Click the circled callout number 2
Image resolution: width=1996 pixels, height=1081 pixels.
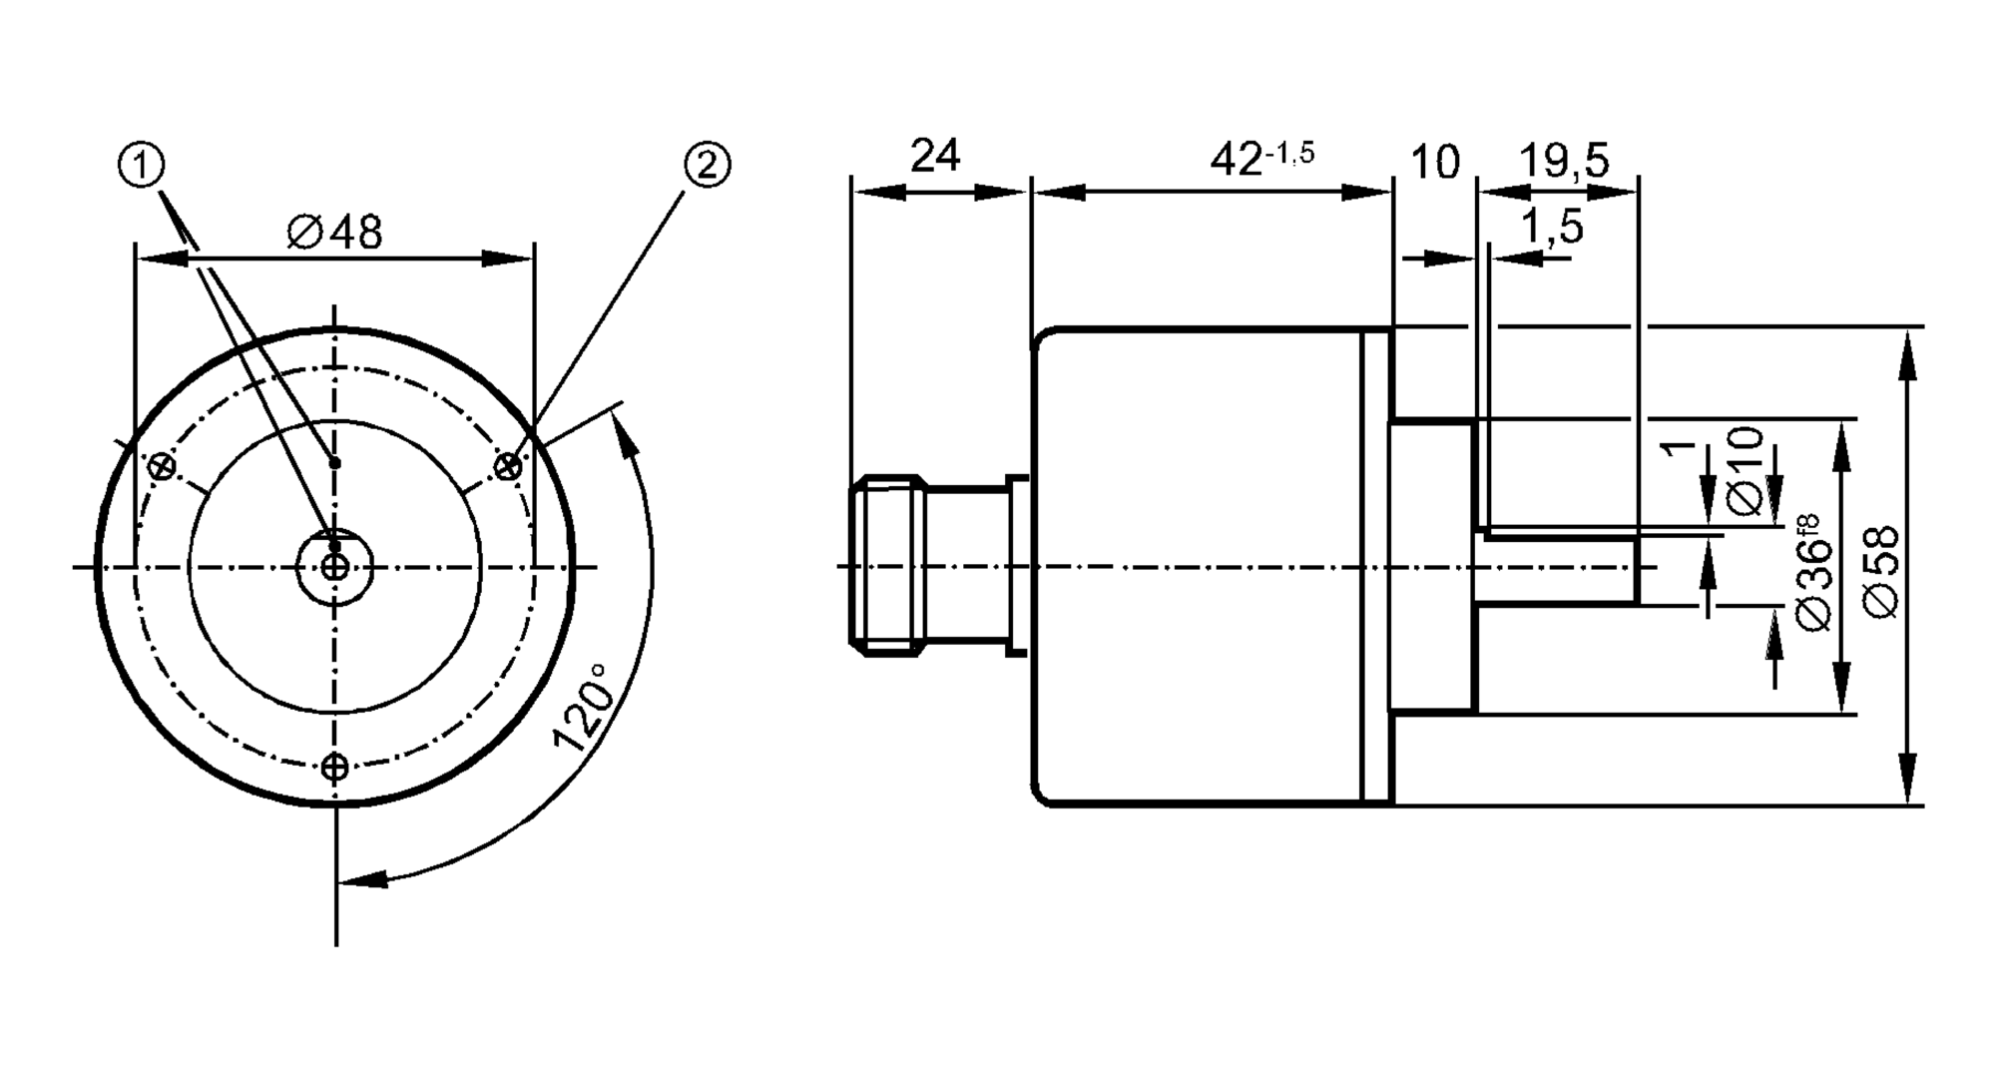pyautogui.click(x=707, y=165)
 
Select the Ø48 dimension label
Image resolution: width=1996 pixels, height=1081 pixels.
pyautogui.click(x=334, y=233)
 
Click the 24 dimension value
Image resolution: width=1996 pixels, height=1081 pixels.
pyautogui.click(x=935, y=155)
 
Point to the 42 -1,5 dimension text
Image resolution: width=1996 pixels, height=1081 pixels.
pyautogui.click(x=1261, y=158)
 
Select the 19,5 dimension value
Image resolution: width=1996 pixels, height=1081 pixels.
pyautogui.click(x=1564, y=160)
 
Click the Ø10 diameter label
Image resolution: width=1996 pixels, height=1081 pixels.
pyautogui.click(x=1746, y=470)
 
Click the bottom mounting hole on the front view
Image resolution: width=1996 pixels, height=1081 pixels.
pyautogui.click(x=335, y=767)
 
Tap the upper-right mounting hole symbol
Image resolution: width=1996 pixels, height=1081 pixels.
pyautogui.click(x=509, y=465)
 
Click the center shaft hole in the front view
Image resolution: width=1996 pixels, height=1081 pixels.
pyautogui.click(x=335, y=568)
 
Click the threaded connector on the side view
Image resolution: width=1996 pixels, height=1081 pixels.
pyautogui.click(x=888, y=568)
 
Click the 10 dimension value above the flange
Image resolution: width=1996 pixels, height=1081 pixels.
pyautogui.click(x=1435, y=162)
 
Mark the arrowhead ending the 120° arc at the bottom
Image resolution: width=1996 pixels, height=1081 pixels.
pyautogui.click(x=364, y=879)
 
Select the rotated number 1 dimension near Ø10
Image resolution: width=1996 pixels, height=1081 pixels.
pyautogui.click(x=1681, y=444)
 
